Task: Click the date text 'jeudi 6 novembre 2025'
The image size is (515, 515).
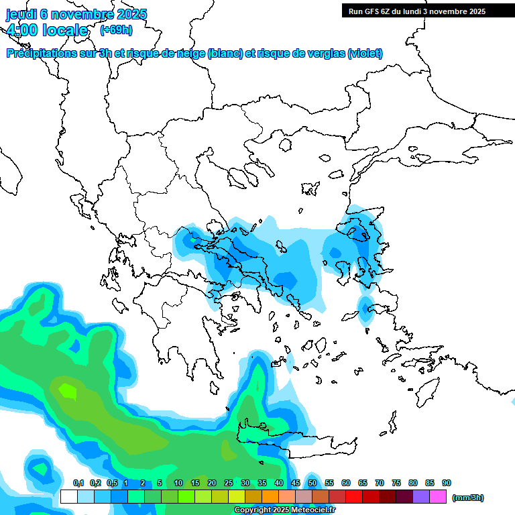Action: pyautogui.click(x=76, y=14)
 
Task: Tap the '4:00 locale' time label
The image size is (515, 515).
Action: pyautogui.click(x=47, y=30)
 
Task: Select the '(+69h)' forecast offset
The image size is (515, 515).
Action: pyautogui.click(x=116, y=30)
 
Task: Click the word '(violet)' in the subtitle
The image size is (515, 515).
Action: pyautogui.click(x=365, y=54)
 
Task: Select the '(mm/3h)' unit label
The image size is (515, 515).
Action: pyautogui.click(x=467, y=498)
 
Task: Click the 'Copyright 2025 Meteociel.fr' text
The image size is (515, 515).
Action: pyautogui.click(x=284, y=510)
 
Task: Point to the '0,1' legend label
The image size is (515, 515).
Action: pyautogui.click(x=78, y=483)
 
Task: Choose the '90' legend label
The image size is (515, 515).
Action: pyautogui.click(x=447, y=483)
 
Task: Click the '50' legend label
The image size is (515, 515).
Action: pyautogui.click(x=312, y=483)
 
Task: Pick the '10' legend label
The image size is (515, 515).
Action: pyautogui.click(x=178, y=483)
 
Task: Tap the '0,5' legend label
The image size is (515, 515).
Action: pyautogui.click(x=112, y=483)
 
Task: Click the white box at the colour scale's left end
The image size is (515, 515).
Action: pyautogui.click(x=68, y=497)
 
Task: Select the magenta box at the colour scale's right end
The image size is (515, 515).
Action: pyautogui.click(x=438, y=497)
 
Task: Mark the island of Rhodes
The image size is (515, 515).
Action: pyautogui.click(x=426, y=389)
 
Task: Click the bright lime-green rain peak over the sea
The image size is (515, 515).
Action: pyautogui.click(x=68, y=388)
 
